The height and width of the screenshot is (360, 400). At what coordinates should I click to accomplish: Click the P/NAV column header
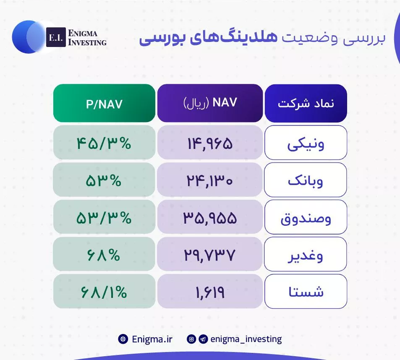(104, 103)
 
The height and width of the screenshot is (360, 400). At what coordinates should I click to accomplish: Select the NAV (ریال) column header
(210, 103)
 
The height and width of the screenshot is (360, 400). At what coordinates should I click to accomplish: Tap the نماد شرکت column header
(306, 103)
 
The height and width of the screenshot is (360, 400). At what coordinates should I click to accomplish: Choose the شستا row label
(306, 292)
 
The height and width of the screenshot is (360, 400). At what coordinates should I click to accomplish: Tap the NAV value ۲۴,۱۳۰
(210, 181)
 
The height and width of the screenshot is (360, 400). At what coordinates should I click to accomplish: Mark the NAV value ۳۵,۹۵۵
(210, 218)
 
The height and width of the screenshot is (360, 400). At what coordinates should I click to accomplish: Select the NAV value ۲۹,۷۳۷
(210, 256)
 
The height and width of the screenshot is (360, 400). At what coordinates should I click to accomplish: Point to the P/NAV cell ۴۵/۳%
(104, 143)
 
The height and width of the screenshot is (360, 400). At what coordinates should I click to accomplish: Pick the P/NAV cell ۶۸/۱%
(104, 292)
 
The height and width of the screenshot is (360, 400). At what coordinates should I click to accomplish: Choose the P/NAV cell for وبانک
(104, 181)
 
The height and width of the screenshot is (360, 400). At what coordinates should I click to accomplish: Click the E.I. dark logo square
(56, 37)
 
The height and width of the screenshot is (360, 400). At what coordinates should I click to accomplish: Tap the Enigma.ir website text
(152, 339)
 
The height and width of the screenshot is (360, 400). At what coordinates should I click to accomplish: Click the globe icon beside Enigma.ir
(123, 339)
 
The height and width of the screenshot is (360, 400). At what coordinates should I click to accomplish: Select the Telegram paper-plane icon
(203, 339)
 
